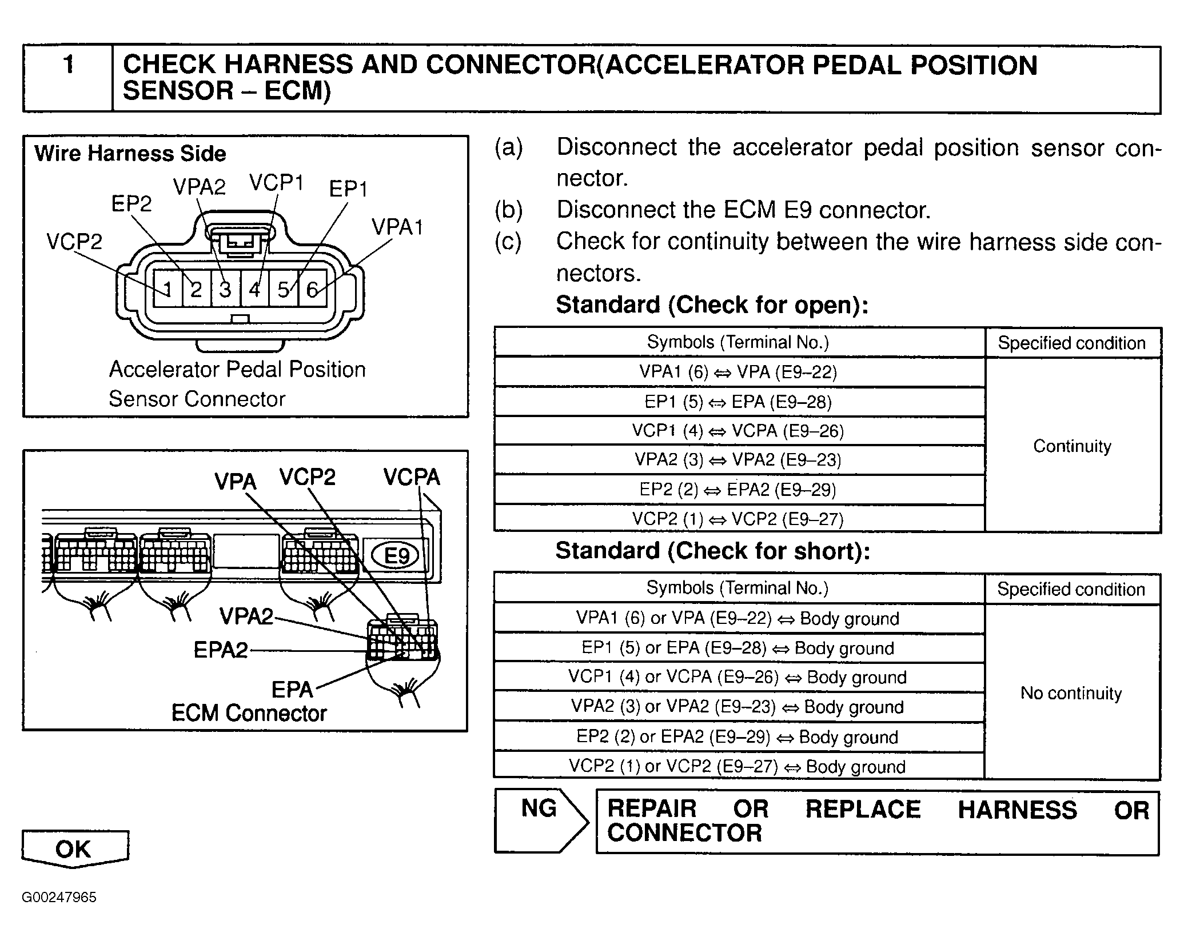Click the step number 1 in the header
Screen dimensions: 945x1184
pyautogui.click(x=69, y=64)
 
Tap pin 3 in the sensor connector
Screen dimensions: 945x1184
pyautogui.click(x=225, y=290)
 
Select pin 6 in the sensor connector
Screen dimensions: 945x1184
pyautogui.click(x=312, y=290)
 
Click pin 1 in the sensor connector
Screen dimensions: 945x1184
pyautogui.click(x=168, y=290)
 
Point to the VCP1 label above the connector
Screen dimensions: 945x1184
pyautogui.click(x=276, y=183)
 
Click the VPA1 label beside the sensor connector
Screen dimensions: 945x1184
pyautogui.click(x=397, y=227)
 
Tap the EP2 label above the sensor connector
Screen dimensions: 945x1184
pyautogui.click(x=131, y=203)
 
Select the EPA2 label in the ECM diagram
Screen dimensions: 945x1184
pyautogui.click(x=221, y=650)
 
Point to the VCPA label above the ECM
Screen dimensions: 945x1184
pyautogui.click(x=412, y=477)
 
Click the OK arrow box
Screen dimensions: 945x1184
pyautogui.click(x=74, y=849)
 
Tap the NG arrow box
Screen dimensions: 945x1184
pyautogui.click(x=540, y=820)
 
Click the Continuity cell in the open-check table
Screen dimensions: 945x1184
pyautogui.click(x=1072, y=446)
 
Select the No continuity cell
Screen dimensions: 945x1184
pyautogui.click(x=1071, y=693)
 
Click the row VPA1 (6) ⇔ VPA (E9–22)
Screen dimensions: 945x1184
pyautogui.click(x=738, y=373)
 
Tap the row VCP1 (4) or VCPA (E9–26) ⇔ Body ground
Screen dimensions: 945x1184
pyautogui.click(x=737, y=678)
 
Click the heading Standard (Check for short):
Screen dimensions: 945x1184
pyautogui.click(x=712, y=551)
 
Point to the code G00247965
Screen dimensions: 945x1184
pyautogui.click(x=59, y=897)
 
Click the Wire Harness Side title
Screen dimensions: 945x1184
pyautogui.click(x=130, y=154)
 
